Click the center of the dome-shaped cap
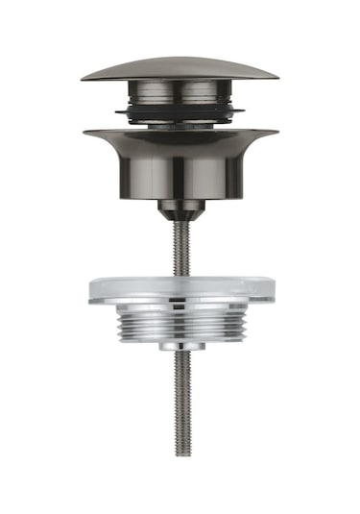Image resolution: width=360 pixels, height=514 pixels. (180, 68)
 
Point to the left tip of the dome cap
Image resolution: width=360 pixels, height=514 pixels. (83, 77)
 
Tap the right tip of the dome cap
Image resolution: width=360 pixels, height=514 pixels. (277, 77)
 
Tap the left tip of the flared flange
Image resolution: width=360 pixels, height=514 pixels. (84, 132)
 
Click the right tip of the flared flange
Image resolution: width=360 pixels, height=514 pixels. (276, 132)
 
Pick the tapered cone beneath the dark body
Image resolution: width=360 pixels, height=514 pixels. (180, 210)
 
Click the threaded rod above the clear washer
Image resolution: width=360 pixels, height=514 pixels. (180, 250)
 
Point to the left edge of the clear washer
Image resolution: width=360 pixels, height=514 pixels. (90, 291)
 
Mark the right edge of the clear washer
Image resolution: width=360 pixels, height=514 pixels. (273, 291)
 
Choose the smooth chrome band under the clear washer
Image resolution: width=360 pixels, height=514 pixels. (180, 310)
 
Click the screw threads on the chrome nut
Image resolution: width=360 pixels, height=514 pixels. (180, 326)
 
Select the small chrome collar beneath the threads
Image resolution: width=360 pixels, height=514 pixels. (180, 343)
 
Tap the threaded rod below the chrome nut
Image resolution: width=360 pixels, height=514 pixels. (180, 404)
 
